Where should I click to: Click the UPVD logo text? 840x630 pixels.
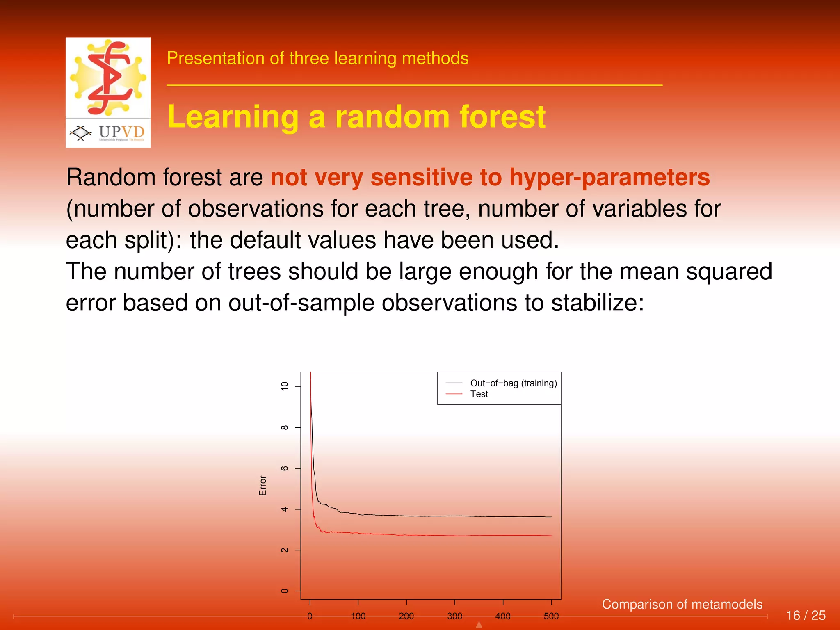tap(121, 132)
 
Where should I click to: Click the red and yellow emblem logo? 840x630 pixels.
tap(108, 78)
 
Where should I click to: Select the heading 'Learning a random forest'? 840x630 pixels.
tap(356, 117)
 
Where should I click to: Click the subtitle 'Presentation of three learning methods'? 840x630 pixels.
tap(317, 58)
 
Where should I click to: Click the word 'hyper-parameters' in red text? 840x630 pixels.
tap(609, 178)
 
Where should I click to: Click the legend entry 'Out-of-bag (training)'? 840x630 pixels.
tap(513, 383)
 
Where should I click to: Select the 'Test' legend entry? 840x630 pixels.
tap(479, 394)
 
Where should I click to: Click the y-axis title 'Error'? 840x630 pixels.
tap(263, 486)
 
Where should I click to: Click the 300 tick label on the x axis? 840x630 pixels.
tap(454, 616)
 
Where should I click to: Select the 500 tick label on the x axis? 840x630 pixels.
tap(551, 616)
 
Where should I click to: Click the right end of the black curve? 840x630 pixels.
tap(551, 517)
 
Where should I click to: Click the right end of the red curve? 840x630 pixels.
tap(551, 536)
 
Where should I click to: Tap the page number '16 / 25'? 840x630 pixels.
tap(805, 615)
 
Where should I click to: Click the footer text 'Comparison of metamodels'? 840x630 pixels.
tap(682, 604)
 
